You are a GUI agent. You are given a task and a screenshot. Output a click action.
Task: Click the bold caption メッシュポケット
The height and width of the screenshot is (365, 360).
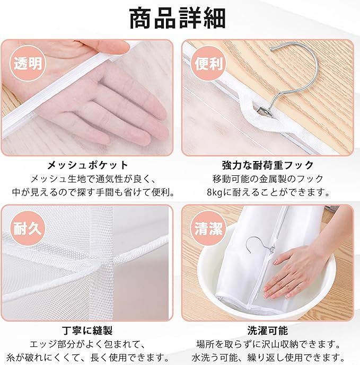(x=88, y=165)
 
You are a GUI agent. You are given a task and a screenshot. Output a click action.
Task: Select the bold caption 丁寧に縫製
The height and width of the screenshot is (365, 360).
(x=88, y=331)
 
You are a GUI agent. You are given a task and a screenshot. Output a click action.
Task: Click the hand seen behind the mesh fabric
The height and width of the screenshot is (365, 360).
(x=117, y=106)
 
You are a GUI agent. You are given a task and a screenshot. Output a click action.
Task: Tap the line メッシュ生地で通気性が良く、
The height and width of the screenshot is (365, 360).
(x=88, y=179)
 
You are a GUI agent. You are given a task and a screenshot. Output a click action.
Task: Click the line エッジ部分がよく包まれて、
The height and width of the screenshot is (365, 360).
(x=88, y=344)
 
